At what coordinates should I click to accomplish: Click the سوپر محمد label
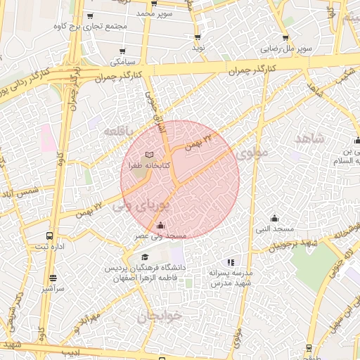click(155, 13)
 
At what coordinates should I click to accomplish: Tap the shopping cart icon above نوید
click(198, 37)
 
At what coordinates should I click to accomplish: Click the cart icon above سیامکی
click(123, 51)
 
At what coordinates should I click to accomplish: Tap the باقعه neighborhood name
click(117, 131)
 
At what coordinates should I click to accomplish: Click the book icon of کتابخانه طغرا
click(148, 155)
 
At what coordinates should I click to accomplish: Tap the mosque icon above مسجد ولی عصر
click(161, 226)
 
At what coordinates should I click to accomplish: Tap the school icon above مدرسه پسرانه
click(230, 262)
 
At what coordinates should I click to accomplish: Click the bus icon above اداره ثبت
click(49, 236)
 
